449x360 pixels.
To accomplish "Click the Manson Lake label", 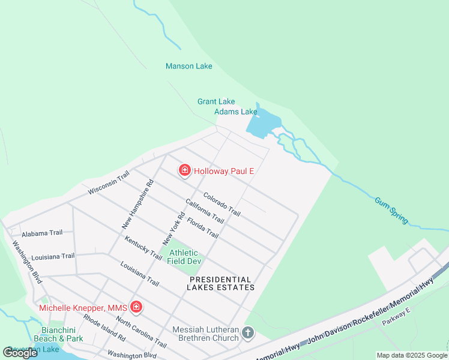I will tap(188, 66).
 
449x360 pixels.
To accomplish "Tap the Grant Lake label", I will tap(216, 101).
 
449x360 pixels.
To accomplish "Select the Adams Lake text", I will tap(236, 112).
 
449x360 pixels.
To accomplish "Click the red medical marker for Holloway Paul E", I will tap(185, 171).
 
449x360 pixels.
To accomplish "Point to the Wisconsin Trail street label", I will tap(109, 182).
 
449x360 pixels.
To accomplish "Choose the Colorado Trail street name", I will tap(221, 205).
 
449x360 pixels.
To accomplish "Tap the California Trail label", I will tap(205, 212).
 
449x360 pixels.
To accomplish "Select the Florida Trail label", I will tap(202, 227).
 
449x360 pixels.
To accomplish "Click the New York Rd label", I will tap(173, 228).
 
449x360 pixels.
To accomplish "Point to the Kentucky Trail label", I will tap(143, 248).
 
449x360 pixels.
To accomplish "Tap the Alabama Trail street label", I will tap(42, 233).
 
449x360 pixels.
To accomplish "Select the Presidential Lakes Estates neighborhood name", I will tap(222, 283).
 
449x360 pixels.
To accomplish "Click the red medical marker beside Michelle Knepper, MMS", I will tap(136, 308).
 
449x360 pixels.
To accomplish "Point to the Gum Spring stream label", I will tap(391, 211).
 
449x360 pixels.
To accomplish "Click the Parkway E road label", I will tap(396, 319).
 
